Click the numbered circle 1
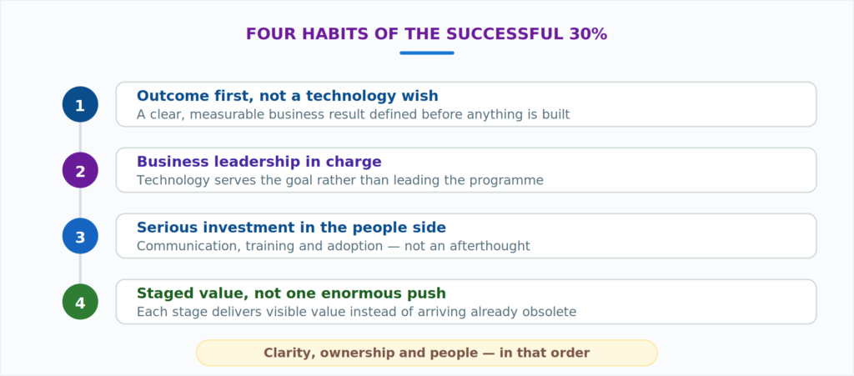pos(80,104)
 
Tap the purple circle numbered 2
pos(80,170)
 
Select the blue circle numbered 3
pos(80,236)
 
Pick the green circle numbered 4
pos(80,302)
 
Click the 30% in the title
pos(588,34)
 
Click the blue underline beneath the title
pos(427,53)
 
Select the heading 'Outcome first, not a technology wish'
pos(288,97)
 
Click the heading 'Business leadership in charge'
pos(259,162)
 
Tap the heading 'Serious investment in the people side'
pos(291,228)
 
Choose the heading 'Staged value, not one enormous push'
pos(291,293)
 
